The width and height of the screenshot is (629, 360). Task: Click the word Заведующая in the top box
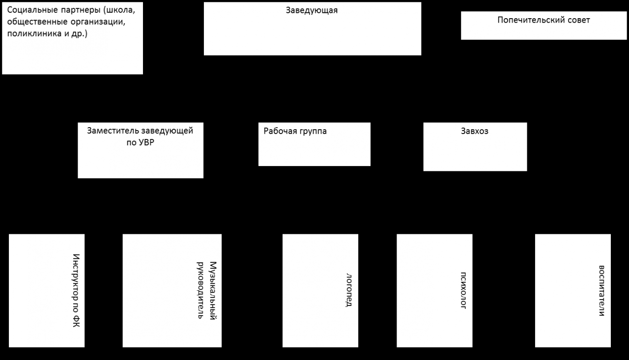click(x=312, y=11)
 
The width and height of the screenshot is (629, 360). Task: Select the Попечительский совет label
click(x=543, y=20)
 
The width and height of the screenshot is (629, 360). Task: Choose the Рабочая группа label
click(x=295, y=131)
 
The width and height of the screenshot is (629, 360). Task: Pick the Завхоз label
click(x=475, y=131)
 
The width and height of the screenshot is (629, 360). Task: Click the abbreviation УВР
click(x=146, y=142)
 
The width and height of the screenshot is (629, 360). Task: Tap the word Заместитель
click(x=113, y=131)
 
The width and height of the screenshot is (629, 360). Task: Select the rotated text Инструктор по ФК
click(x=76, y=290)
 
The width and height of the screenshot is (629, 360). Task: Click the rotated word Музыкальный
click(x=213, y=291)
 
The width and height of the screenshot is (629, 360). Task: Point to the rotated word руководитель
click(x=200, y=290)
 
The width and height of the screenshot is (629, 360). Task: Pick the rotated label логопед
click(x=349, y=290)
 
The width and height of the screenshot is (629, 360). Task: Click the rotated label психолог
click(x=463, y=290)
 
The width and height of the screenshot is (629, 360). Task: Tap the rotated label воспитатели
click(x=601, y=291)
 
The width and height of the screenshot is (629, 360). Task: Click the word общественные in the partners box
click(x=37, y=22)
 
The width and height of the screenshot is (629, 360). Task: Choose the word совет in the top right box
click(x=578, y=20)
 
